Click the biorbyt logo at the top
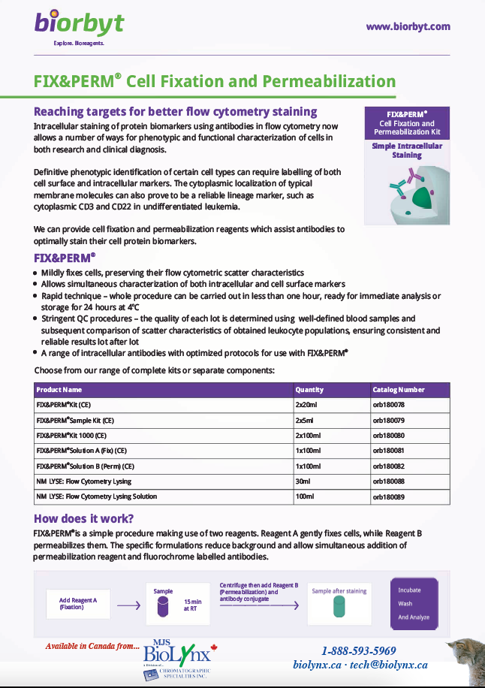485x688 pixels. [78, 23]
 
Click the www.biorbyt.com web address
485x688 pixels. [408, 26]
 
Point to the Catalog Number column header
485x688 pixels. [399, 390]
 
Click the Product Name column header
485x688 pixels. [59, 390]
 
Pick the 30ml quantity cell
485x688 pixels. [303, 481]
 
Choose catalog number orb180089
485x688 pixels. [389, 496]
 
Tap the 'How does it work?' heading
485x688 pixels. [84, 519]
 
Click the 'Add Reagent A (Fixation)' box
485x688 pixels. [80, 603]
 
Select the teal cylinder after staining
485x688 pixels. [339, 607]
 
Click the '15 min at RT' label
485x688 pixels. [192, 605]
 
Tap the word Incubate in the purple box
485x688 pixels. [410, 590]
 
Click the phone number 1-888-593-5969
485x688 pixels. [358, 650]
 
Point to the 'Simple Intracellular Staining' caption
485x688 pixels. [406, 150]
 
